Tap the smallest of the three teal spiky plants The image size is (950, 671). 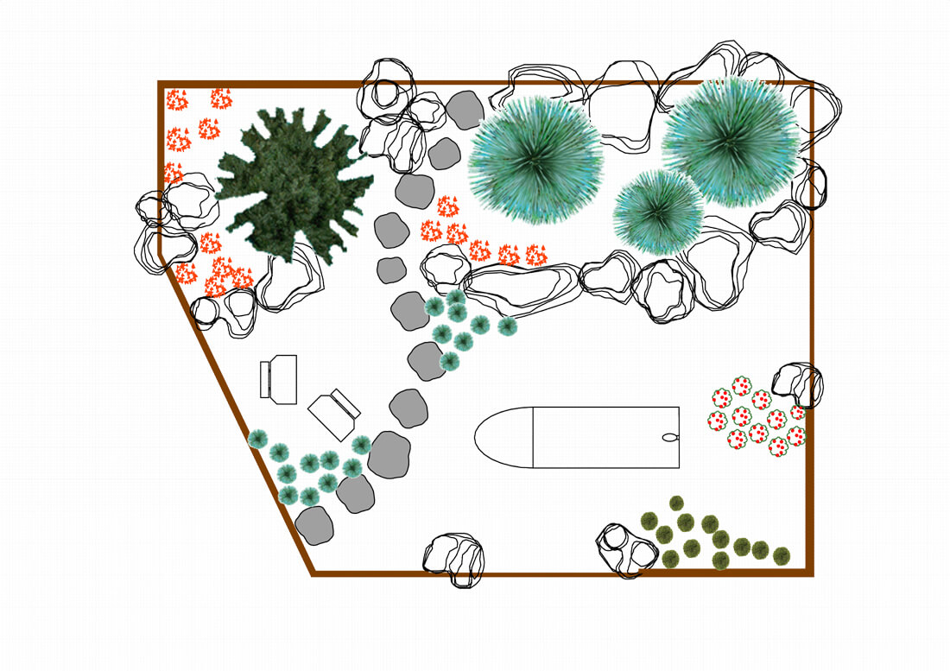658,212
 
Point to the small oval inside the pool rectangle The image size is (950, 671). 668,437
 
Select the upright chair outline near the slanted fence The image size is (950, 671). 279,378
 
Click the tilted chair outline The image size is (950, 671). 334,413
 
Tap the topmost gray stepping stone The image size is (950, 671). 465,110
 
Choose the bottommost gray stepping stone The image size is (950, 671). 314,525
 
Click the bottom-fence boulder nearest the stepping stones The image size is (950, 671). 454,559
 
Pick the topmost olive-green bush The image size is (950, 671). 676,503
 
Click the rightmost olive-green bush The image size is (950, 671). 781,554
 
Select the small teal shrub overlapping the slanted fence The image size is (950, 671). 257,439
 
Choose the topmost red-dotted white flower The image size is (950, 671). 741,386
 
